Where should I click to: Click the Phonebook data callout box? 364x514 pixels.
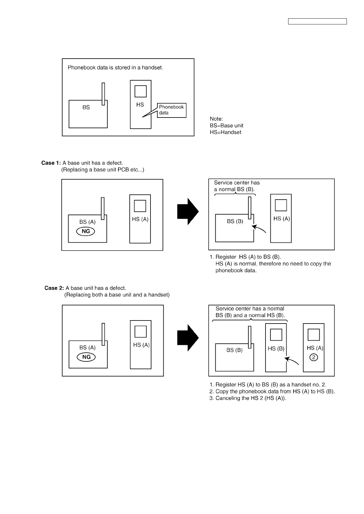[x=172, y=110]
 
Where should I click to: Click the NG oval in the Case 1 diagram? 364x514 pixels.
[x=86, y=231]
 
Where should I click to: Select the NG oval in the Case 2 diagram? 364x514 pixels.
[x=86, y=357]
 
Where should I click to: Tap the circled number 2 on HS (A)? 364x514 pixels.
[x=314, y=357]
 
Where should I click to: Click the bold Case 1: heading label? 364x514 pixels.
[x=51, y=163]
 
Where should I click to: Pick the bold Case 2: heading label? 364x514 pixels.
[x=54, y=288]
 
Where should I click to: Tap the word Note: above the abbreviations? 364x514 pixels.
[x=216, y=119]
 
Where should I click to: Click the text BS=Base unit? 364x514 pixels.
[x=226, y=125]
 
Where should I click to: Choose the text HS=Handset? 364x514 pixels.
[x=225, y=132]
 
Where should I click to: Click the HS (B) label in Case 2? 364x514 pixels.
[x=276, y=349]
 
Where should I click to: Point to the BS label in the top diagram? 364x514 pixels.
[x=86, y=107]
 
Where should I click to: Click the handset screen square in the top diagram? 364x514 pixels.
[x=140, y=91]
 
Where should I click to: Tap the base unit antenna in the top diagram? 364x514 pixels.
[x=103, y=94]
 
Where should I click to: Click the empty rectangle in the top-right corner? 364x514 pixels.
[x=318, y=21]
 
